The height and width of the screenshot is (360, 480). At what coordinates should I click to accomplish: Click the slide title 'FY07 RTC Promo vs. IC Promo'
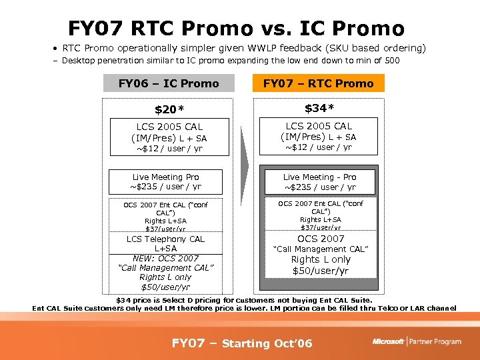[x=236, y=29]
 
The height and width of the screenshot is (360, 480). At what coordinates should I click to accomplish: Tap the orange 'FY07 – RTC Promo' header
[x=318, y=83]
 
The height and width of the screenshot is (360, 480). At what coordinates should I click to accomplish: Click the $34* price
[x=319, y=108]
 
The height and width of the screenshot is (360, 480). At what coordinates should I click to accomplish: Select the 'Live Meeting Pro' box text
[x=165, y=177]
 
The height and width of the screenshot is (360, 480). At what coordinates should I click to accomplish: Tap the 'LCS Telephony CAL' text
[x=165, y=239]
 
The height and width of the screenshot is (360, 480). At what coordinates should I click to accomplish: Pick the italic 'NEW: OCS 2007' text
[x=165, y=258]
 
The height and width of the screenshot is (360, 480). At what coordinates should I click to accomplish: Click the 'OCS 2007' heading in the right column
[x=321, y=239]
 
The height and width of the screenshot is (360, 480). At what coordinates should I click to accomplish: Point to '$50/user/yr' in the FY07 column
[x=321, y=271]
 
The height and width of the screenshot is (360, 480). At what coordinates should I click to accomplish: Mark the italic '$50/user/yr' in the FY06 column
[x=165, y=287]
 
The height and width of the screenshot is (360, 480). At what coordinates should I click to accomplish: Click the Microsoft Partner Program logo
[x=416, y=341]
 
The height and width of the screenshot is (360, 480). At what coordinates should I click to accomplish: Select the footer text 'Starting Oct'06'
[x=267, y=343]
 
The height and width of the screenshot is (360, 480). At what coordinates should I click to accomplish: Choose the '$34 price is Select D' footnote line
[x=244, y=300]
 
